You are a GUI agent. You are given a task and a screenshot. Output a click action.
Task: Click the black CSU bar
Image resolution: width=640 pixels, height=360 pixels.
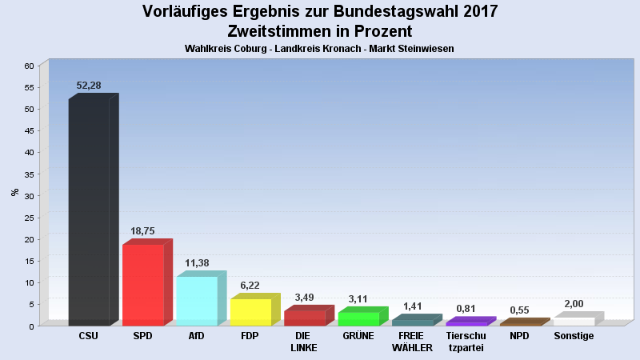tap(89, 212)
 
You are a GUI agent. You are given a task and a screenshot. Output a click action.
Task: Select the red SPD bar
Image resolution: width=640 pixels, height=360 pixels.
tap(142, 285)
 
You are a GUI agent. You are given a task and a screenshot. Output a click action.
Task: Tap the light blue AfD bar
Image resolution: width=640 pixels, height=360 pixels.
tap(196, 301)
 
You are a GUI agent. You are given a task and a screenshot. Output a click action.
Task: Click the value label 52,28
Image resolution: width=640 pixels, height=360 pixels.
tap(89, 86)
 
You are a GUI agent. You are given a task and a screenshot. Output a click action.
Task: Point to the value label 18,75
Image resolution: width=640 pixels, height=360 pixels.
tap(142, 230)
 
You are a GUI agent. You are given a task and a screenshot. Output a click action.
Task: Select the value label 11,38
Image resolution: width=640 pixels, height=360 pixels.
tap(196, 262)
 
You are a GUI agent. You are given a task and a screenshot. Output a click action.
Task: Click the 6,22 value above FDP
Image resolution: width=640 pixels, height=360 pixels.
tap(250, 285)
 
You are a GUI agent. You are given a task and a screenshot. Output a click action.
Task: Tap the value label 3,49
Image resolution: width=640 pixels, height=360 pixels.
tap(304, 297)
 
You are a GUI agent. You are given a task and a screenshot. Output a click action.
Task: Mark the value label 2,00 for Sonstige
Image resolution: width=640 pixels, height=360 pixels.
tap(574, 303)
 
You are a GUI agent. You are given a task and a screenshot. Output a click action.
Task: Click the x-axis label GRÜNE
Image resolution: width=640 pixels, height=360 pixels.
tap(358, 336)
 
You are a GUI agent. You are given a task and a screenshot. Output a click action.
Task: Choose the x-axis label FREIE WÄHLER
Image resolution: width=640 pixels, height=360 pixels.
tap(412, 342)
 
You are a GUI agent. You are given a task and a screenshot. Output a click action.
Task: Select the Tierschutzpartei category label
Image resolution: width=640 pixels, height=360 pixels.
tap(466, 342)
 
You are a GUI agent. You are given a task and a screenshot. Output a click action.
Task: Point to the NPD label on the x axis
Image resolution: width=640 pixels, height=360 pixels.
tap(519, 336)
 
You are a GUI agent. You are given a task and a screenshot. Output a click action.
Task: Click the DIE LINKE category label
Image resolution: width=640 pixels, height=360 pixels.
tap(304, 342)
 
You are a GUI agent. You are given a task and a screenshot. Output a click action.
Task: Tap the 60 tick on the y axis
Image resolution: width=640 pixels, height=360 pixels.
tap(30, 66)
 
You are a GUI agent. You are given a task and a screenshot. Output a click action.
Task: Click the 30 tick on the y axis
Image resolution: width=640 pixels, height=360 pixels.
tap(30, 196)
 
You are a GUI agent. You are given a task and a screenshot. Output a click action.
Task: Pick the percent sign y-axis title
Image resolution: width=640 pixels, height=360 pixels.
tap(14, 192)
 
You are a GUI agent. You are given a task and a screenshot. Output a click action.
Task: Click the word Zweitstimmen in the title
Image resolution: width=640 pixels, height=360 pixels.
tap(284, 32)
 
